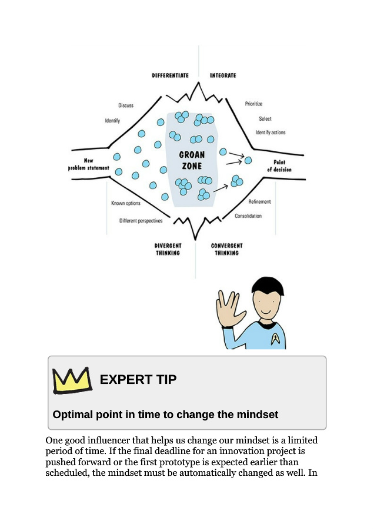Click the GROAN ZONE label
[192, 160]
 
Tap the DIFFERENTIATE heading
[170, 75]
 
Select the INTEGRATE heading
[223, 75]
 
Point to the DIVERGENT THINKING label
[168, 249]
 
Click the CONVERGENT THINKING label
[226, 249]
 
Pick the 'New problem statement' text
[88, 164]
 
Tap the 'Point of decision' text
[279, 166]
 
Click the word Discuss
[126, 105]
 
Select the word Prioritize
[253, 104]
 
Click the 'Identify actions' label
[270, 132]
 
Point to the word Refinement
[259, 201]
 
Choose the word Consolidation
[248, 216]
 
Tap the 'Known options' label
[126, 203]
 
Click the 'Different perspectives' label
[141, 221]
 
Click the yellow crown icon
[72, 380]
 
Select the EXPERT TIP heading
[138, 380]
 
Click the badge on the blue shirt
[275, 339]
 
